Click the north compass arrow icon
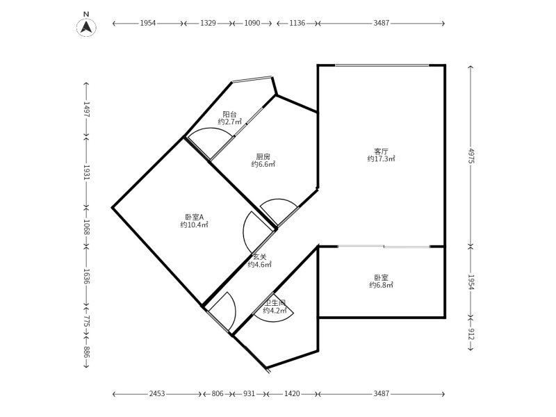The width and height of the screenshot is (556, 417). (86, 27)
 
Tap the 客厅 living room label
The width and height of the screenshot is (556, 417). (381, 151)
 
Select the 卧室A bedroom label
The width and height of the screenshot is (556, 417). (195, 217)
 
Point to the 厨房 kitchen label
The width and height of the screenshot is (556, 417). (263, 156)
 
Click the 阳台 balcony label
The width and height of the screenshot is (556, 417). (229, 114)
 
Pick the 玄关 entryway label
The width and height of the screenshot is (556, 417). (259, 257)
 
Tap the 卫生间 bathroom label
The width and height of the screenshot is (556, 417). (275, 303)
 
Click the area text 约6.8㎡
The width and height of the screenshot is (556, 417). (381, 285)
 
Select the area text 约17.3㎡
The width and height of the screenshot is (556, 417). (381, 158)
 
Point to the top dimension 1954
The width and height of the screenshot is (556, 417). (148, 24)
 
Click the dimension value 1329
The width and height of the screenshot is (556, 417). (208, 24)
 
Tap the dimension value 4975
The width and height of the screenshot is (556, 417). (471, 155)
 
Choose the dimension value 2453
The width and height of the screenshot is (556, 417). (157, 393)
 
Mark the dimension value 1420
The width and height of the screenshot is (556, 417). (292, 393)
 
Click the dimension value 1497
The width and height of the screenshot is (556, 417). (86, 109)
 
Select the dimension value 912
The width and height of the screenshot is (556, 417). (471, 334)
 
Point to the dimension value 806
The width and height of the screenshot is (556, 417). (218, 393)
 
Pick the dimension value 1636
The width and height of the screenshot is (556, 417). (86, 276)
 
